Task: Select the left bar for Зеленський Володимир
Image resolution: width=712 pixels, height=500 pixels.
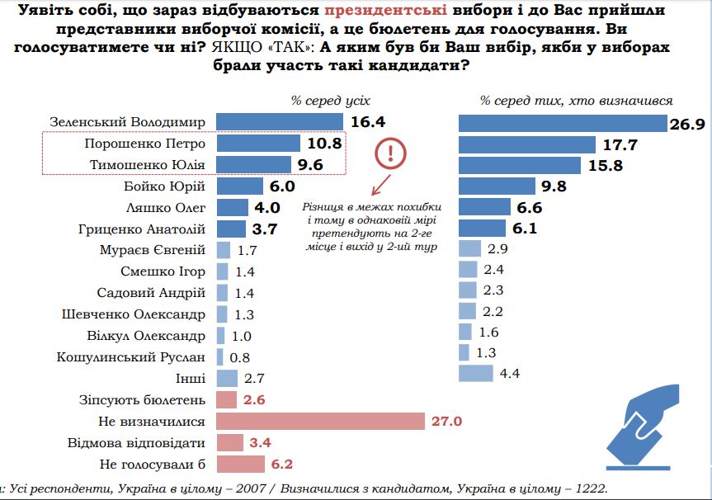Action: [x=280, y=122]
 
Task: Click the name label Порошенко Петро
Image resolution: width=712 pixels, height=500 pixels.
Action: [x=145, y=144]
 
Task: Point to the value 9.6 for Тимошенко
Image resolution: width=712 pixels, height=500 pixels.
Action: [x=310, y=165]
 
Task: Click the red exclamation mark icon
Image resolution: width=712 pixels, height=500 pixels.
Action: [x=390, y=153]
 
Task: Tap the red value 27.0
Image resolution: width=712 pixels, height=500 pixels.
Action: [x=446, y=422]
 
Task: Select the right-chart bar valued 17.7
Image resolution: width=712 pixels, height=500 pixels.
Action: [x=527, y=144]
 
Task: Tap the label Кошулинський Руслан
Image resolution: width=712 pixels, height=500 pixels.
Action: [x=131, y=357]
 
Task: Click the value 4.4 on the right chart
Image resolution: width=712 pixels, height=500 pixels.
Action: [x=510, y=373]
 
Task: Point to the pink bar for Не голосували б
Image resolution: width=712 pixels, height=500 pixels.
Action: [x=240, y=464]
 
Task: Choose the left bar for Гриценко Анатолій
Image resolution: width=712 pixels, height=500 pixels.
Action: [x=231, y=229]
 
